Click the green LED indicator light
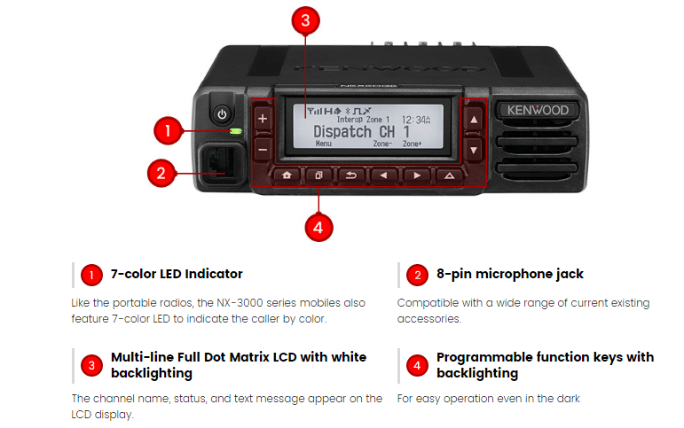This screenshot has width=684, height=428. coord(235,132)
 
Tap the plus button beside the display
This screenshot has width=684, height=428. coord(263,119)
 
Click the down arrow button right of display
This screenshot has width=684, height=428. coord(475,151)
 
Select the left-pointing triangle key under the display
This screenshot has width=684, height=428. coord(383,175)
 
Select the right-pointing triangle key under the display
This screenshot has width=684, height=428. coord(417,175)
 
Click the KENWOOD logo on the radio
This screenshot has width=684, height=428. coord(539,111)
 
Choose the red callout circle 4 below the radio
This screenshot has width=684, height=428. coord(318,227)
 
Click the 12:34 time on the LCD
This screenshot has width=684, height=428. coord(416,118)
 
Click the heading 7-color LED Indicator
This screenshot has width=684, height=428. coord(177,274)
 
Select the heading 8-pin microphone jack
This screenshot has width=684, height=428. coord(510,274)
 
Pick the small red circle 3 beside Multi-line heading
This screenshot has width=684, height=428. coord(91,364)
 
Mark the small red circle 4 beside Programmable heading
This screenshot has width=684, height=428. coord(418,364)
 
